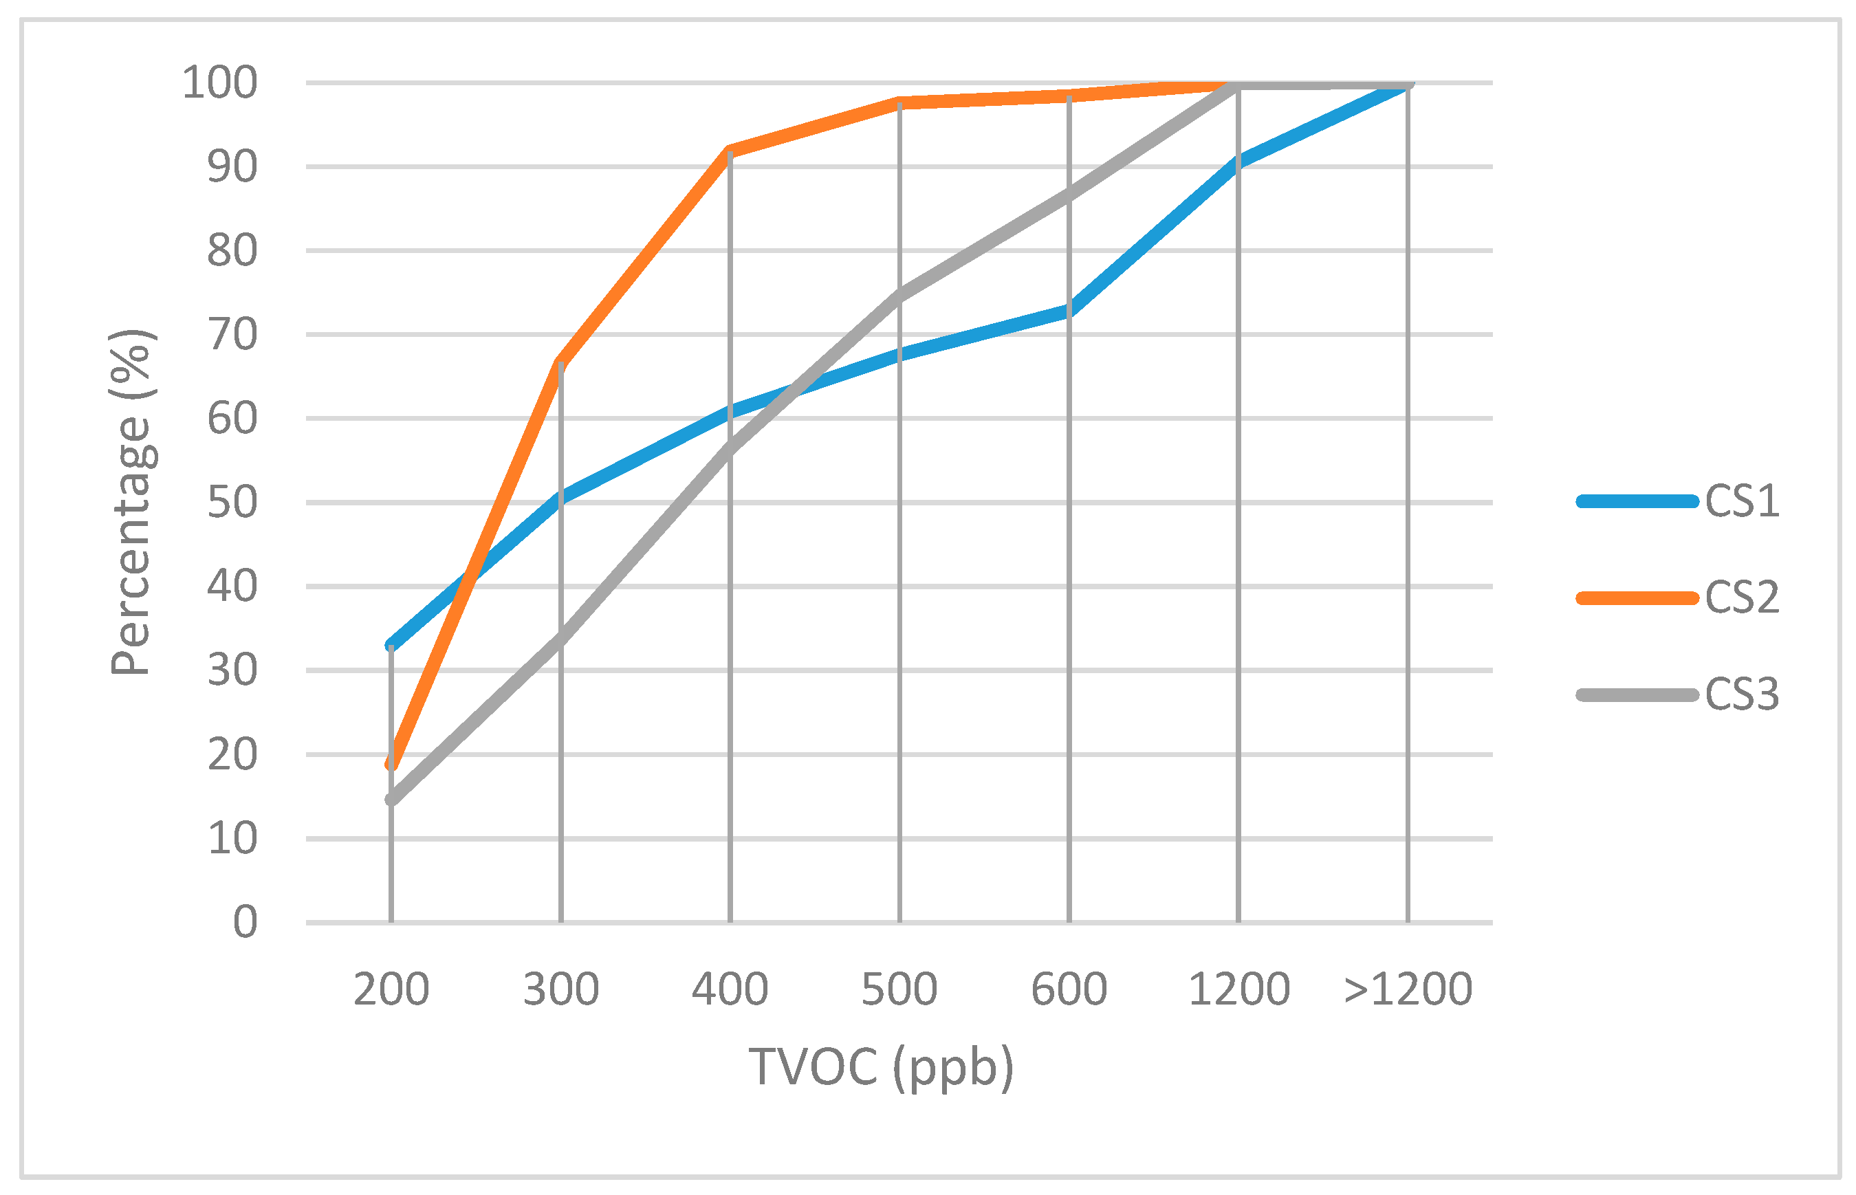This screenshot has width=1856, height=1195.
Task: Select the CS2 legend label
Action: [1741, 597]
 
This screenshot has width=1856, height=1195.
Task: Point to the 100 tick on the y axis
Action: [219, 83]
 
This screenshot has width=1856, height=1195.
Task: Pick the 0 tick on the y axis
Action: [245, 923]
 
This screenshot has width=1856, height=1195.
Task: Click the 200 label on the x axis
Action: [391, 990]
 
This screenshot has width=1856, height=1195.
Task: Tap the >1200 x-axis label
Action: [1408, 990]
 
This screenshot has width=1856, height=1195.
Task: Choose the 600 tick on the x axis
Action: [1069, 990]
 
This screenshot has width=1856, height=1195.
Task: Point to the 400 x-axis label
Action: [730, 990]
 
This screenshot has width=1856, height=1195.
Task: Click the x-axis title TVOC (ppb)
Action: [881, 1067]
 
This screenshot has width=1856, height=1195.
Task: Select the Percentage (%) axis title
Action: [132, 503]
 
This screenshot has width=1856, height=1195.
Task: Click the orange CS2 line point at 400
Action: [730, 151]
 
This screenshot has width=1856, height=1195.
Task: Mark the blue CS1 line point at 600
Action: [1069, 310]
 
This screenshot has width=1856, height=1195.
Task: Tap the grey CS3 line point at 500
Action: [900, 296]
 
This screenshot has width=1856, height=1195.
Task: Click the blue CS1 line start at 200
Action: [391, 645]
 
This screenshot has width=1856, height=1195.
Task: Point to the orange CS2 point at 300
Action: [560, 363]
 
